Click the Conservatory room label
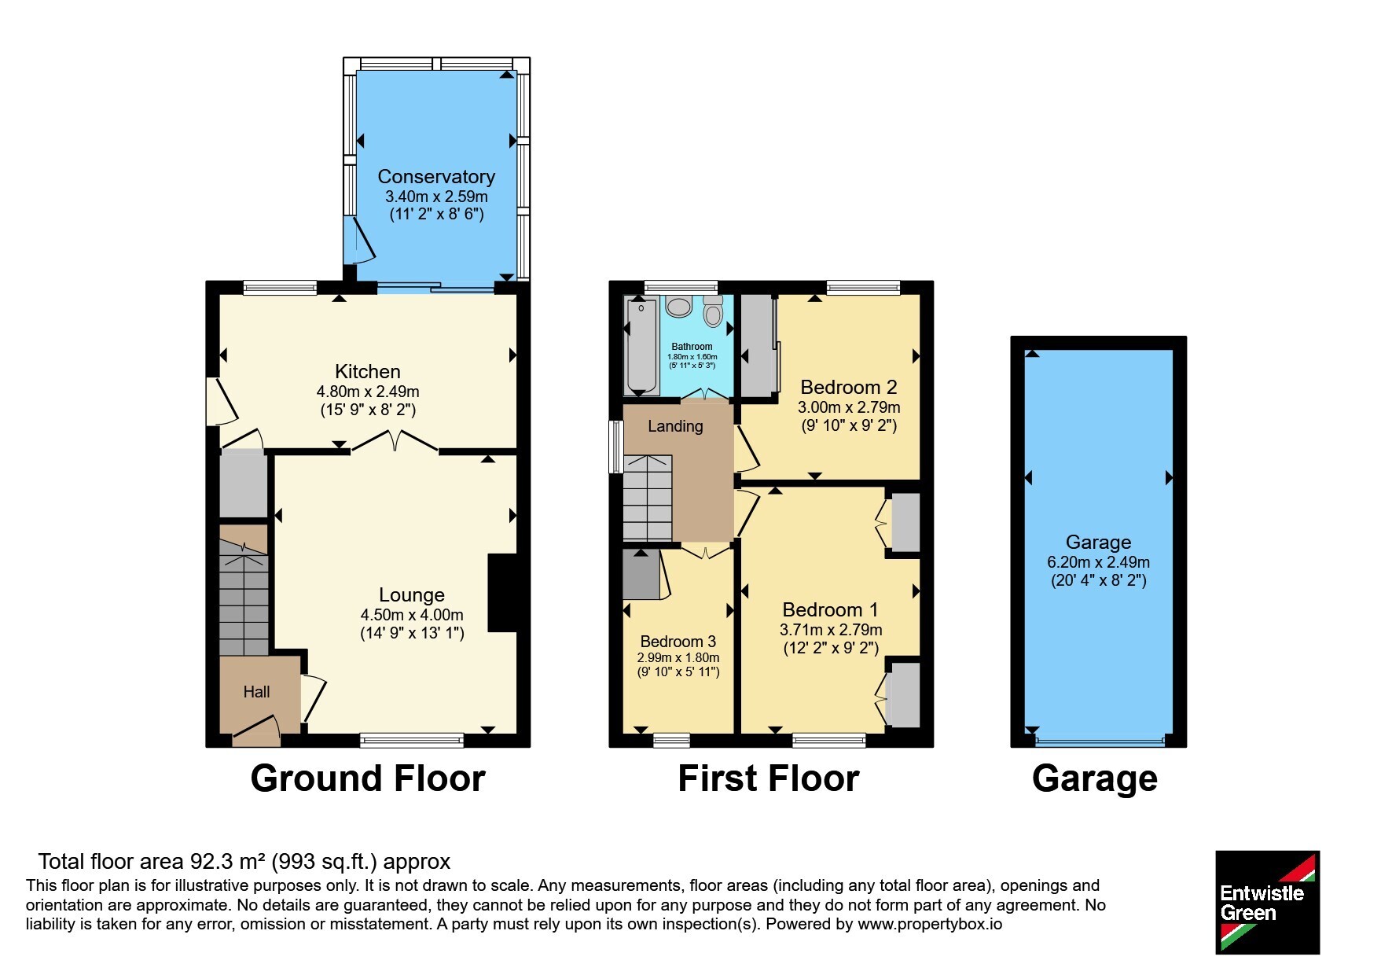point(436,177)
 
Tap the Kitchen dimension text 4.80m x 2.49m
point(368,392)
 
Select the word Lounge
point(412,595)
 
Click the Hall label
point(256,692)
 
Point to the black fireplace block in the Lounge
point(503,593)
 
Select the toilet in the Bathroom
point(713,311)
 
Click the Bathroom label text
point(692,347)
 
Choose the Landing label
point(675,426)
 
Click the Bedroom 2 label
point(849,388)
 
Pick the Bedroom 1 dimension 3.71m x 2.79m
point(831,630)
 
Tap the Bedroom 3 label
point(678,642)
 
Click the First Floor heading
point(769,778)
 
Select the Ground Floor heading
point(368,778)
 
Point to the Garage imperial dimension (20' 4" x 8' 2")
point(1099,581)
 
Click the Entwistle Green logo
point(1268,903)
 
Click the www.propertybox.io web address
point(930,925)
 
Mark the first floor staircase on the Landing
point(648,498)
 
